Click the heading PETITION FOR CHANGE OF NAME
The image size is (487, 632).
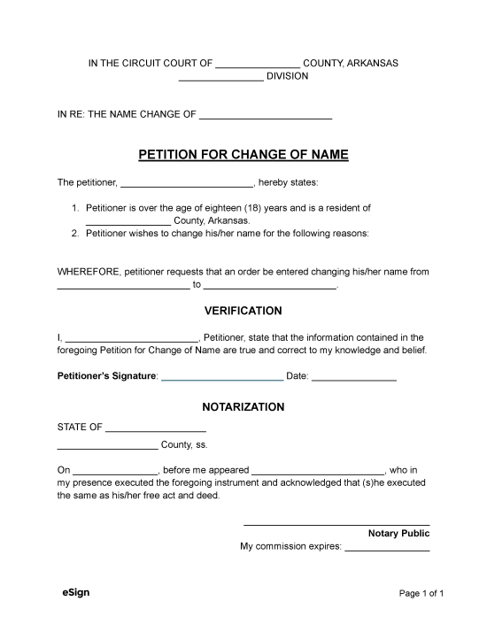click(x=243, y=155)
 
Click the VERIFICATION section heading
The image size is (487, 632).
click(x=243, y=311)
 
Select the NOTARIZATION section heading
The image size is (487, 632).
click(x=243, y=407)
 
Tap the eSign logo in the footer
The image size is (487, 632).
click(x=76, y=591)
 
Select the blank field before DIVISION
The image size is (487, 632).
click(x=220, y=78)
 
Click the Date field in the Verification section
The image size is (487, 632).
click(x=354, y=378)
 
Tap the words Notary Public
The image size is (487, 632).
click(x=398, y=534)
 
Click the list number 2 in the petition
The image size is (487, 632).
click(x=75, y=234)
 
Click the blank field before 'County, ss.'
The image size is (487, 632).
click(x=107, y=446)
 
